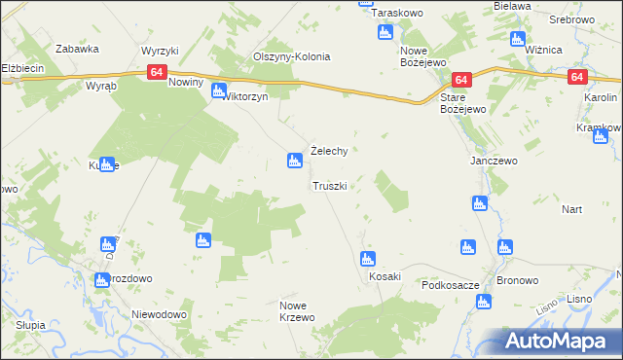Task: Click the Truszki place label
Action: pos(329,185)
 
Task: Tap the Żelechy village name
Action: pos(329,151)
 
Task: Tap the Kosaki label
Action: pos(385,276)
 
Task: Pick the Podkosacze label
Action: pos(450,285)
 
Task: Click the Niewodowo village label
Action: pos(159,314)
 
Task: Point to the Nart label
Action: pos(571,209)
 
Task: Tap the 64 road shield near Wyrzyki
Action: pos(157,72)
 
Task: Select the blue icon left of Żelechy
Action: pos(294,161)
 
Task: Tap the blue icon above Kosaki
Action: pos(368,259)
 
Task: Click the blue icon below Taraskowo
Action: pos(385,33)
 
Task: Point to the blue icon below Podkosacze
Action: pos(483,304)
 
